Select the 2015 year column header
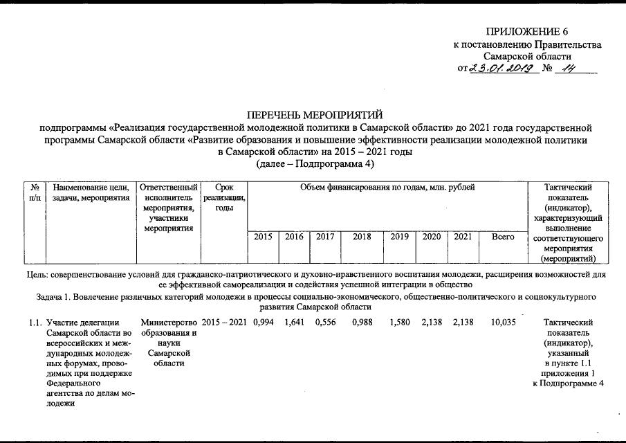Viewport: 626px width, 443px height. click(x=263, y=237)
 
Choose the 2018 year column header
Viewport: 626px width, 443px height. click(x=362, y=237)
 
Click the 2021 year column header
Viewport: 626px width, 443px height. click(x=463, y=237)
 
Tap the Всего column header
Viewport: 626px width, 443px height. click(x=503, y=237)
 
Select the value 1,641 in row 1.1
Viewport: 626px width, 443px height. click(x=294, y=323)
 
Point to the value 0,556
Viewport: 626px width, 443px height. click(x=325, y=323)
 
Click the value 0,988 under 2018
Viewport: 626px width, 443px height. click(x=362, y=323)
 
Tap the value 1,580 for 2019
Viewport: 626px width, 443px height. click(x=400, y=323)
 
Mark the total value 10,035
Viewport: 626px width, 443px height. click(x=503, y=323)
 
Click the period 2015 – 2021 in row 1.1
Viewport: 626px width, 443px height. click(x=224, y=323)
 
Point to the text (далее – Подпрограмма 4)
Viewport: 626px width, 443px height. click(x=315, y=163)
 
